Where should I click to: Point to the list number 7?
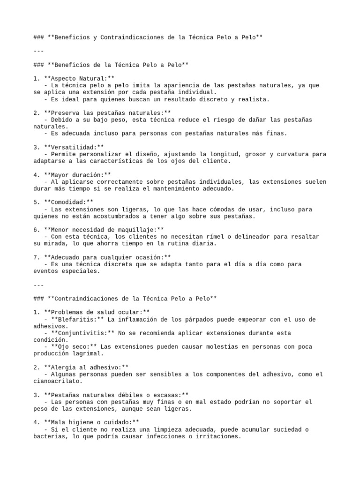click(x=36, y=257)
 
